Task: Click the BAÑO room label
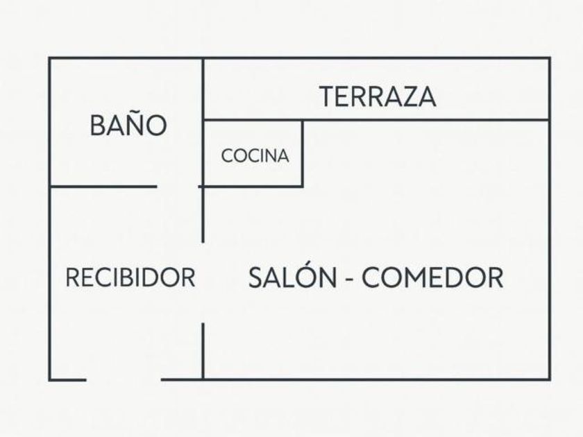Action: click(x=128, y=126)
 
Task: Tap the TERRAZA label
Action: click(x=378, y=96)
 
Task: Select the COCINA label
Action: click(x=255, y=156)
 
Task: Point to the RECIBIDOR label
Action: click(x=130, y=278)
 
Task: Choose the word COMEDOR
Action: click(x=432, y=278)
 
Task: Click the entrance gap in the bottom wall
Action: click(x=124, y=379)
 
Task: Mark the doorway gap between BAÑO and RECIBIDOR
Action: click(x=178, y=186)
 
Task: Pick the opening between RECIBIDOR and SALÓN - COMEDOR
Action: click(x=203, y=282)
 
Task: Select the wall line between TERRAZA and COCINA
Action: click(x=253, y=120)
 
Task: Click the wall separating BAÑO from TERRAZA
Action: click(x=203, y=89)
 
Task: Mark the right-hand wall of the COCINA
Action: click(x=302, y=153)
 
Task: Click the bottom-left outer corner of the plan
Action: click(x=50, y=379)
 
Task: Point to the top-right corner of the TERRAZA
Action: click(x=550, y=58)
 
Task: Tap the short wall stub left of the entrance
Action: click(x=67, y=379)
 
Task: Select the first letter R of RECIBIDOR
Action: click(x=71, y=278)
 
